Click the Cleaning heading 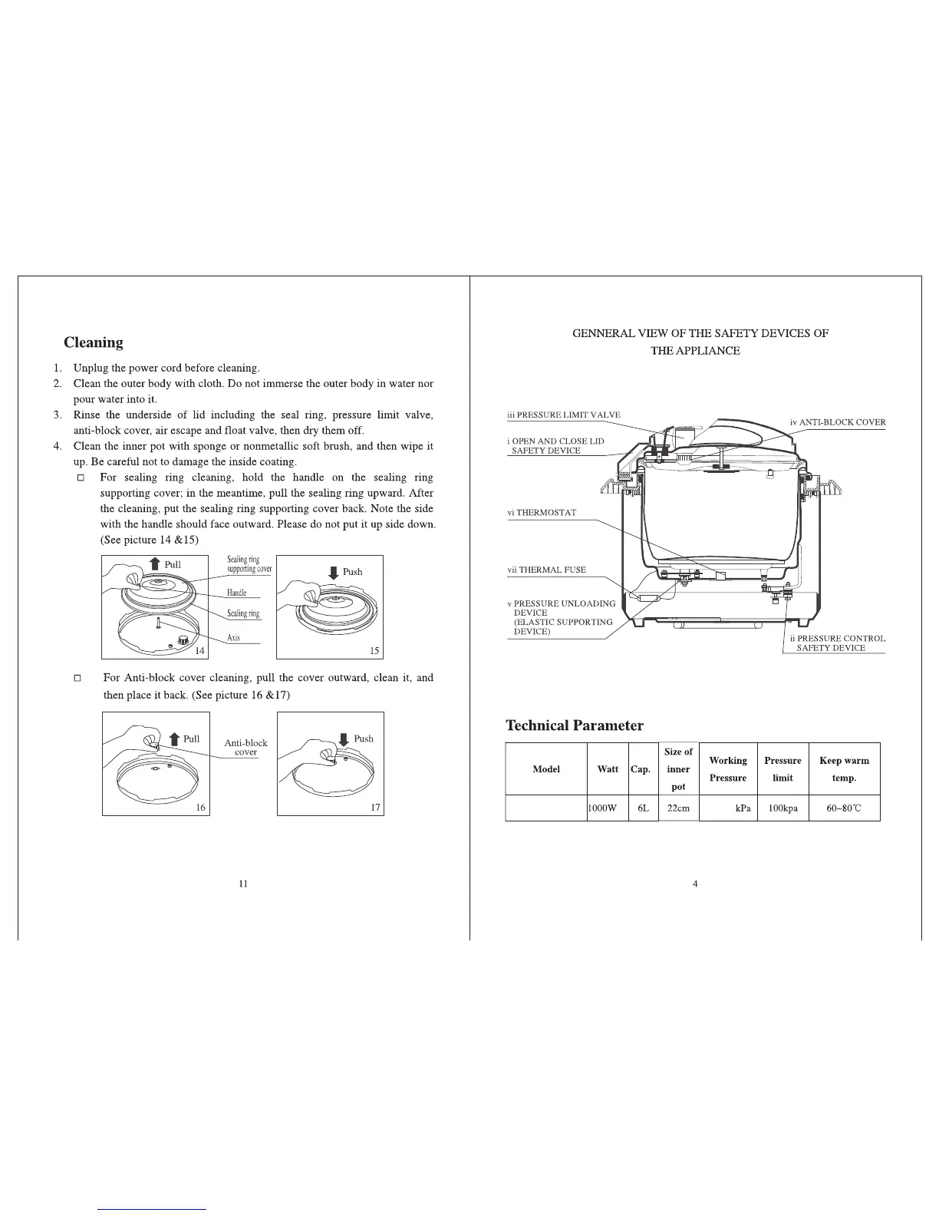(93, 342)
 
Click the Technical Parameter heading (574, 725)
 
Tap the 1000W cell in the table (602, 808)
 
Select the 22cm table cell (678, 808)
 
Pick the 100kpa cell (782, 808)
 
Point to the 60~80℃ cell (844, 808)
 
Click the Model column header (546, 768)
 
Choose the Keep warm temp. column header (844, 768)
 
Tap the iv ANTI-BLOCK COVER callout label (838, 422)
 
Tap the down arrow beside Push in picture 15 (333, 573)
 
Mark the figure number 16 (201, 807)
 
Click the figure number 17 (376, 807)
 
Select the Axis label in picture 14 (233, 638)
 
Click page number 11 (242, 884)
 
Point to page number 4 (695, 884)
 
